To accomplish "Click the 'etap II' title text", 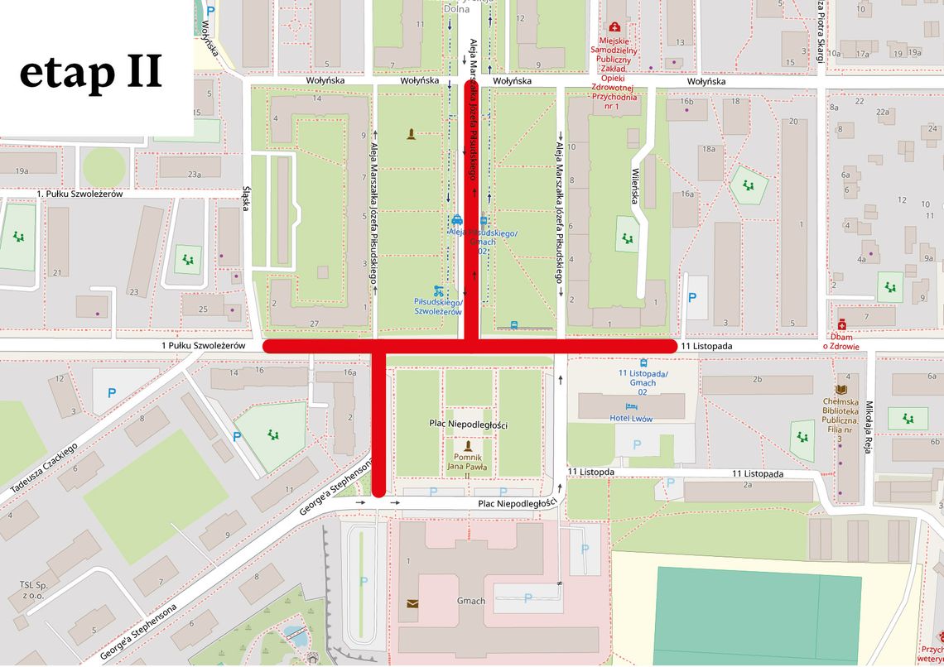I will [x=91, y=73].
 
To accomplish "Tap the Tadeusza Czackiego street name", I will [x=43, y=468].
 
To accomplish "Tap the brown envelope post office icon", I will [x=412, y=603].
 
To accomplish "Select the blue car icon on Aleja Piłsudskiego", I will [x=456, y=220].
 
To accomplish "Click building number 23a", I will [x=194, y=175].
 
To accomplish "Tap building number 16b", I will [x=686, y=102].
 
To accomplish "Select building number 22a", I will [x=884, y=113].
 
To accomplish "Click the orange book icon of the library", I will [x=841, y=389].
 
